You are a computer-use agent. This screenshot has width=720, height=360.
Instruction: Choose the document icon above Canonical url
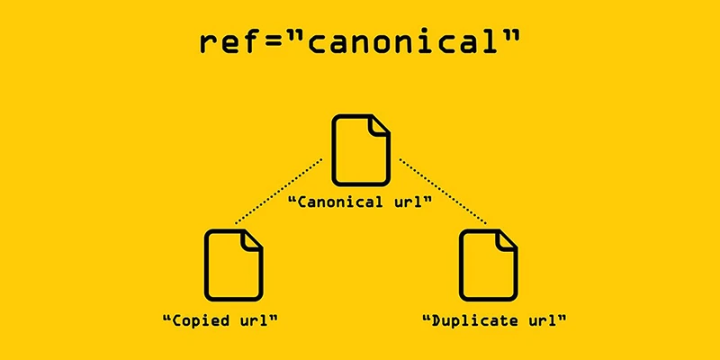point(361,148)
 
